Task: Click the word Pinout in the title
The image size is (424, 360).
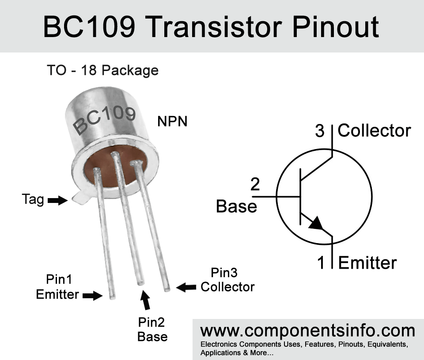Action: tap(335, 27)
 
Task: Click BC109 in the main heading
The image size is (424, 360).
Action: tap(89, 27)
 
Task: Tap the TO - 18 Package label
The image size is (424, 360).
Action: tap(103, 71)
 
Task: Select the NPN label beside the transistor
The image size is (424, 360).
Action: tap(172, 121)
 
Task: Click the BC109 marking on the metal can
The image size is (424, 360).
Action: tap(104, 120)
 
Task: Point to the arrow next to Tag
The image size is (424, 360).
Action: tap(57, 200)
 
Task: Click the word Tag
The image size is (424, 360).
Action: tap(33, 200)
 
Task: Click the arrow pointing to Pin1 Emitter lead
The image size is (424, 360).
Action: tap(92, 296)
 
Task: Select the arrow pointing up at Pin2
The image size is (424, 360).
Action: tap(145, 300)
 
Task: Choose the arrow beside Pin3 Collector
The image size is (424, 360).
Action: tap(186, 287)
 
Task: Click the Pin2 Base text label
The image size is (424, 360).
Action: tap(152, 330)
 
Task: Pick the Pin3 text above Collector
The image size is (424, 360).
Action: tap(224, 273)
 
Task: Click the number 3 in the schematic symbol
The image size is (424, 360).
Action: tap(320, 131)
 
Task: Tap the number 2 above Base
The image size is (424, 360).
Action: tap(255, 184)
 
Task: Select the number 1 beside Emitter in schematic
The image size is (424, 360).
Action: tap(321, 262)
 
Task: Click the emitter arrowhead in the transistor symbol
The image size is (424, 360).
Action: tap(316, 223)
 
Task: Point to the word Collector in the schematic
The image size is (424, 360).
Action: tap(374, 131)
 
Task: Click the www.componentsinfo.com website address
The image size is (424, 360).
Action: tap(308, 331)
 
